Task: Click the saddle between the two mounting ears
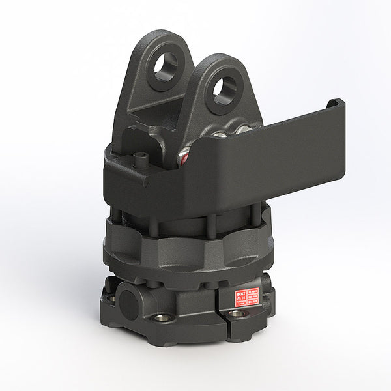189,98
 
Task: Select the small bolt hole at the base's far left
111,299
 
